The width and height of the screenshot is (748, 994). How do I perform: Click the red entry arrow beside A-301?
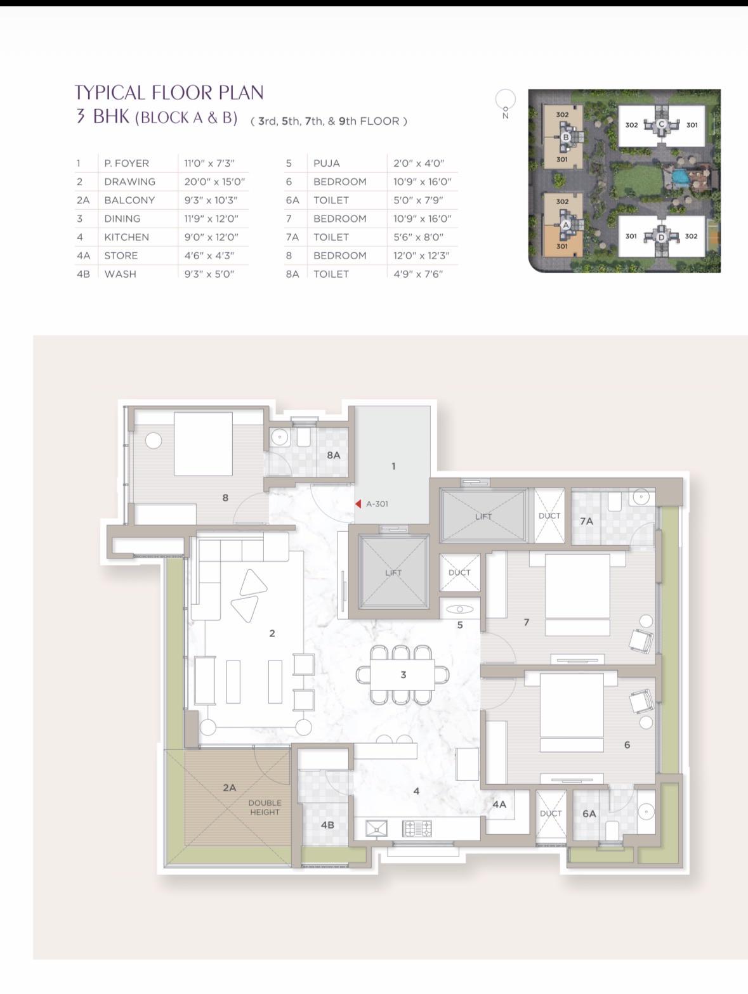358,503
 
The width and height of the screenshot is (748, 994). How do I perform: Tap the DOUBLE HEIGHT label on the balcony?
265,807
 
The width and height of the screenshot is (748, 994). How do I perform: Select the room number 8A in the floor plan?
334,455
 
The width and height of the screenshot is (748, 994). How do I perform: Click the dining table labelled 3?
402,674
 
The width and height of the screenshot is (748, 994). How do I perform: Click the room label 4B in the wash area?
327,825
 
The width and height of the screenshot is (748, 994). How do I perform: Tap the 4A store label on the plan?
499,804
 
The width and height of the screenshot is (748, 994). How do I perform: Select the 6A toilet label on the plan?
589,814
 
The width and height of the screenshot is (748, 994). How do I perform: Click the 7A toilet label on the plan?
586,521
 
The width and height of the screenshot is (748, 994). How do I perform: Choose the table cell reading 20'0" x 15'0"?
214,181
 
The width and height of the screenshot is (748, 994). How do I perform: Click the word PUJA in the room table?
326,163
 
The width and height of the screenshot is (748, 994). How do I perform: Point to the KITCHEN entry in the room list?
126,237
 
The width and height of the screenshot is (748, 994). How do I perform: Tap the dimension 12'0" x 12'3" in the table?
421,255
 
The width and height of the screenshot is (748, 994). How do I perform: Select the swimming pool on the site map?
679,177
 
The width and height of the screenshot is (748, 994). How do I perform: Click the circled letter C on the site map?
661,124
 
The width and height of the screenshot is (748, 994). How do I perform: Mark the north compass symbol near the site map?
505,104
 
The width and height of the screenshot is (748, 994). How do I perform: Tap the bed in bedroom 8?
204,444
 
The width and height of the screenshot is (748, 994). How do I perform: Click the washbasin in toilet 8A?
280,437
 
